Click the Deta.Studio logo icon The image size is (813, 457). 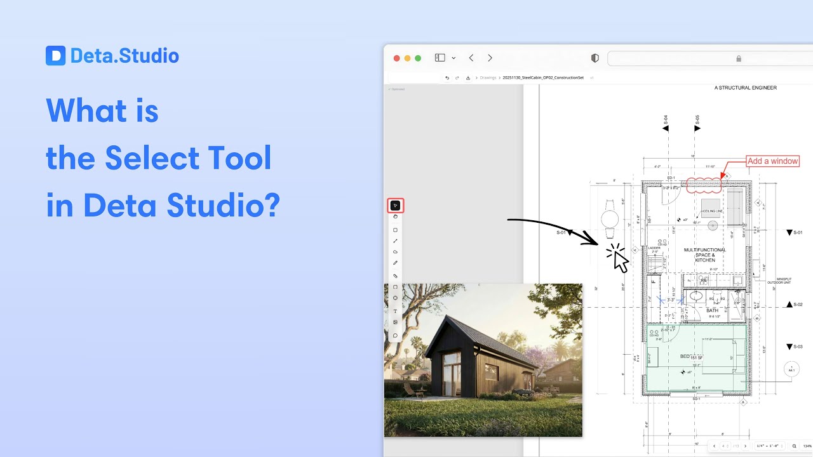(56, 56)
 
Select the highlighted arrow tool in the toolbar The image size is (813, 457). (395, 206)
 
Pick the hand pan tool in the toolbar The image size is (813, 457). (395, 217)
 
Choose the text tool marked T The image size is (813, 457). (395, 311)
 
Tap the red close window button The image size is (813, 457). (397, 58)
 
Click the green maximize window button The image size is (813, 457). (418, 58)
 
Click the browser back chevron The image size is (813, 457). (471, 58)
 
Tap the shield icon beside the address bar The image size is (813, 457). (595, 58)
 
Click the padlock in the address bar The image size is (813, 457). (739, 58)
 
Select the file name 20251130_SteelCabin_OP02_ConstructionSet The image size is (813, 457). (542, 77)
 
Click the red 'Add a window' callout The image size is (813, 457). (772, 161)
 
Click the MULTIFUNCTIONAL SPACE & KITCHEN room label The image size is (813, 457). (704, 255)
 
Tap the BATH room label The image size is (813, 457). (712, 310)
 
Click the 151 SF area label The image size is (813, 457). (696, 358)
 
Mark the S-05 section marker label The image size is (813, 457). (697, 118)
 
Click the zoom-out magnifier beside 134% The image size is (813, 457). (794, 446)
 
